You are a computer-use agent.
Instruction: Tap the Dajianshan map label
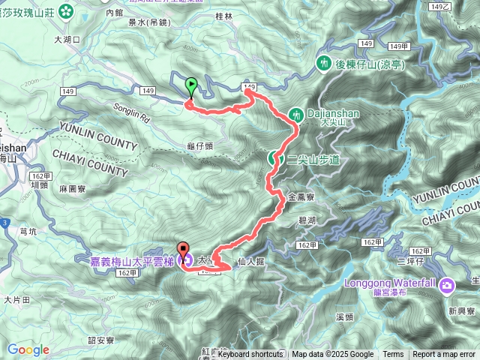[334, 113]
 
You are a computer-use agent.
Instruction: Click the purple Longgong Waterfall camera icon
[448, 285]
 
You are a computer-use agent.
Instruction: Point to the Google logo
[28, 349]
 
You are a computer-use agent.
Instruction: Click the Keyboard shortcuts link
[250, 354]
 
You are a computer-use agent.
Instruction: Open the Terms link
[393, 354]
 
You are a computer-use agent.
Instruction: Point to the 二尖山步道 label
[314, 160]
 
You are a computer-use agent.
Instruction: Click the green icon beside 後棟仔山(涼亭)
[325, 63]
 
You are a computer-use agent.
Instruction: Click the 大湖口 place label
[68, 39]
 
